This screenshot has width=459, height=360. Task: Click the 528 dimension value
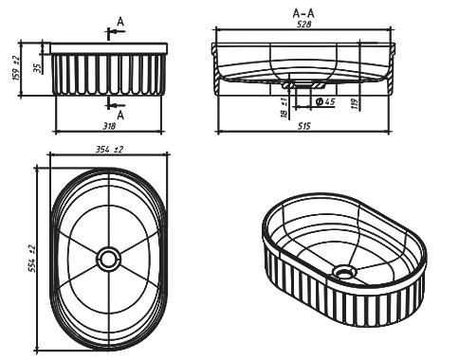(x=303, y=25)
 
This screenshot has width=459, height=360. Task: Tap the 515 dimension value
(x=304, y=126)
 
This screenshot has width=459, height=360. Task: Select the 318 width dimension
(x=109, y=126)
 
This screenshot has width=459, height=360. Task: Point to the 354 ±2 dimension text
(x=109, y=150)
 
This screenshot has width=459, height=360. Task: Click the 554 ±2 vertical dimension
(x=32, y=259)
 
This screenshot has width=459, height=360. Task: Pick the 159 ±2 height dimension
(x=16, y=68)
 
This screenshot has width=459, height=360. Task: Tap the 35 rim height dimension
(x=38, y=68)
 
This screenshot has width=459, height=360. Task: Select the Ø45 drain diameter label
(x=325, y=101)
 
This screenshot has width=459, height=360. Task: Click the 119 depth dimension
(x=355, y=103)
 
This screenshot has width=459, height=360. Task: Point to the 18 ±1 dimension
(x=285, y=108)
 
